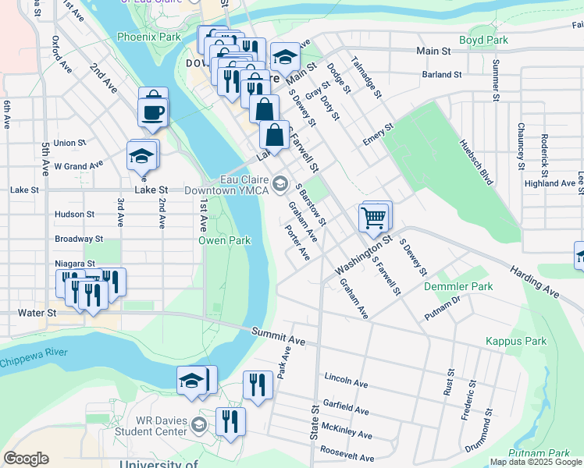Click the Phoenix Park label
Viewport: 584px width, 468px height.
click(x=148, y=37)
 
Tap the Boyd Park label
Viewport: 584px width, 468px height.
click(x=483, y=40)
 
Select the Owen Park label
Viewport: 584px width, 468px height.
click(x=224, y=240)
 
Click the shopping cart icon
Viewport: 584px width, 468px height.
click(x=374, y=218)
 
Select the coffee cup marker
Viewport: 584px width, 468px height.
click(x=152, y=111)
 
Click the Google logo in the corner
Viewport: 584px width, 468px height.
click(x=26, y=459)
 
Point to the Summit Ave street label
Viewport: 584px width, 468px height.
click(x=278, y=336)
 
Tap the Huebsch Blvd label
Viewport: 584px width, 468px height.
click(x=477, y=162)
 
